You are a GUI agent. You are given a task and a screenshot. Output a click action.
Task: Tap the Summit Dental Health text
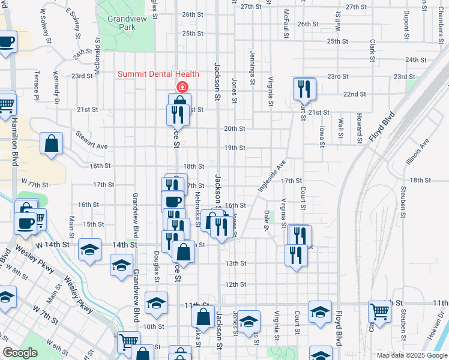[x=158, y=74]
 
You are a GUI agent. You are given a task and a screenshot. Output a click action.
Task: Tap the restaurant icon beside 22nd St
[x=304, y=89]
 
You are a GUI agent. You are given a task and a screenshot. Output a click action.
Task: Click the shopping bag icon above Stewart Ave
[x=52, y=143]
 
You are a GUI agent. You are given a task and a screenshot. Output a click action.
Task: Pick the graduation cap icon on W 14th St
[x=89, y=249]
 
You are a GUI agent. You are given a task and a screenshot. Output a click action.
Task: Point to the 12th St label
[x=236, y=284]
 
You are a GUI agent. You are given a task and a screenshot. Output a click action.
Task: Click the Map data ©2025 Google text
[x=411, y=355]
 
